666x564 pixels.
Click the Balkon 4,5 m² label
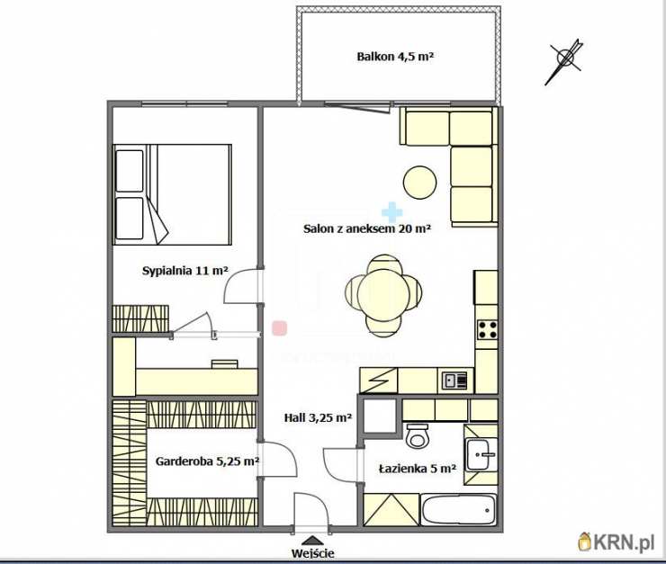click(x=395, y=57)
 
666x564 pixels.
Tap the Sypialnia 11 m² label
click(x=185, y=271)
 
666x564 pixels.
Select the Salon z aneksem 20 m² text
click(x=367, y=228)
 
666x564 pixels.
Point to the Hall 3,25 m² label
click(x=318, y=418)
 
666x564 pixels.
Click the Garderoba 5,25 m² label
click(x=207, y=461)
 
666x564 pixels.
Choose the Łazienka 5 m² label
click(x=417, y=469)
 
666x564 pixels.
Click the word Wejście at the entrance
click(x=312, y=553)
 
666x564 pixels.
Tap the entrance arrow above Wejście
click(x=313, y=540)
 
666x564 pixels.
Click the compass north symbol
click(x=564, y=60)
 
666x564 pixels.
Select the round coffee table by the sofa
click(x=419, y=182)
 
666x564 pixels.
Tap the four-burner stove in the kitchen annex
click(x=487, y=329)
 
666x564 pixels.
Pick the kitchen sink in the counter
click(x=454, y=380)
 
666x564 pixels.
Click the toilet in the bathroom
click(x=418, y=436)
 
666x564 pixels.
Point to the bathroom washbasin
click(x=481, y=454)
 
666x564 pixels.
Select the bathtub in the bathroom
click(x=458, y=510)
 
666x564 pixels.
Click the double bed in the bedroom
click(x=173, y=195)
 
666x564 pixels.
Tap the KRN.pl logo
click(x=616, y=542)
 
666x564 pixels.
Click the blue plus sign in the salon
click(x=391, y=212)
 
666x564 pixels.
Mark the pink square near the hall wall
click(x=280, y=328)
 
